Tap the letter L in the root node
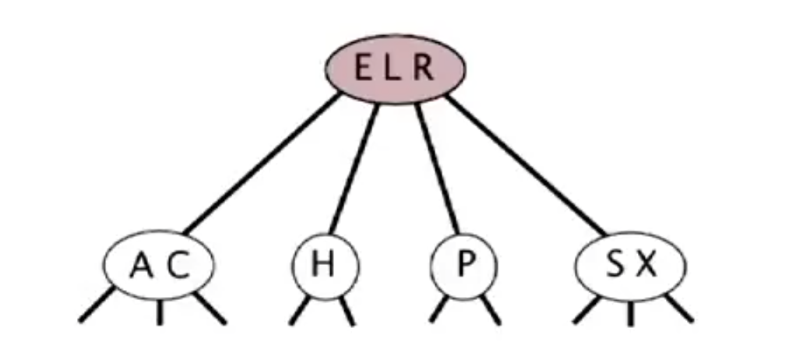(393, 69)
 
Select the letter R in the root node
(422, 69)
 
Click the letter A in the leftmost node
(141, 266)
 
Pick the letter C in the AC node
(178, 266)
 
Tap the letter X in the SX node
(646, 266)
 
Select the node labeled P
(464, 266)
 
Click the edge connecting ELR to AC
(262, 163)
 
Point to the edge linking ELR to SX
(526, 164)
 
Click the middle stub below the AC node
(160, 312)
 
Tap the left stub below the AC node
(97, 305)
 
